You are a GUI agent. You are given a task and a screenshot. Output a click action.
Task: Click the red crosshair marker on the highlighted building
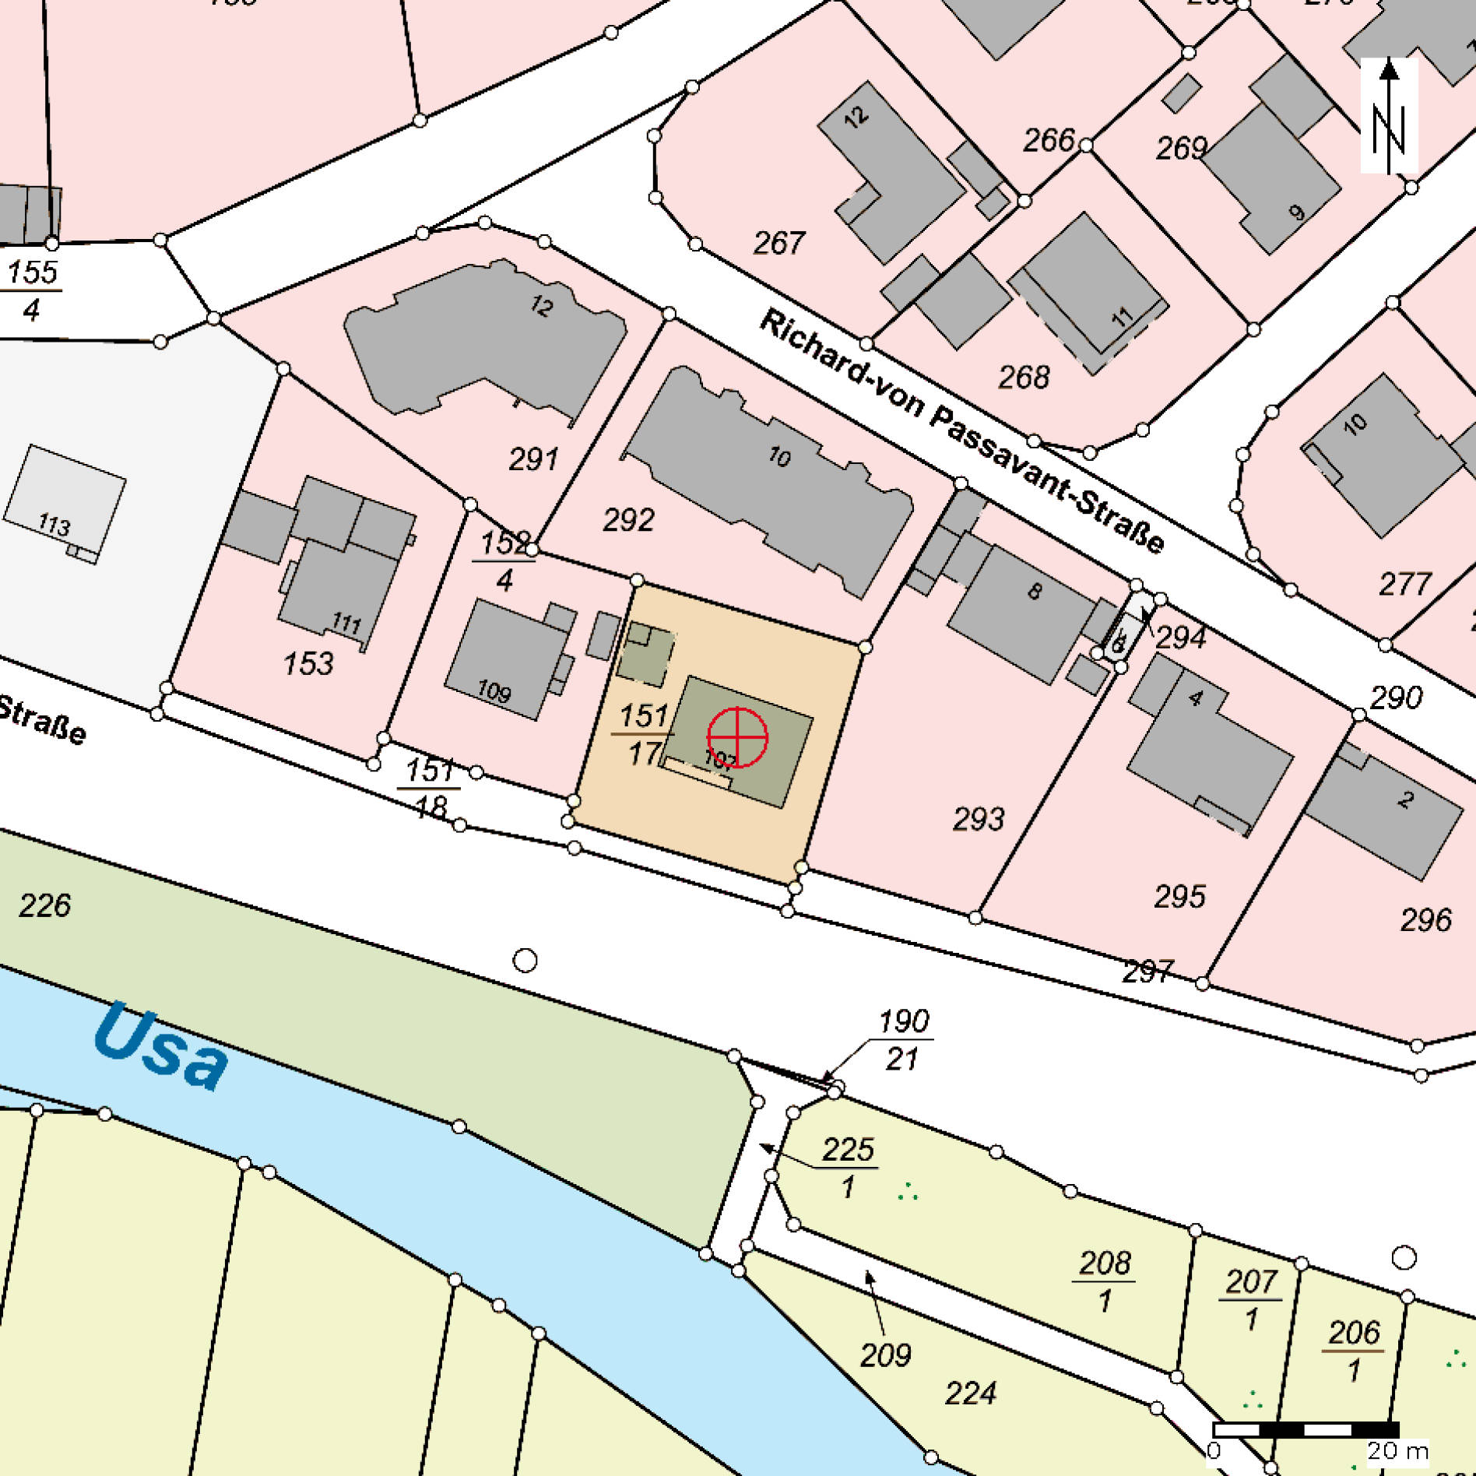tap(737, 737)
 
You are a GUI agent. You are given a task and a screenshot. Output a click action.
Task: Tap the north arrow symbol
tap(1389, 117)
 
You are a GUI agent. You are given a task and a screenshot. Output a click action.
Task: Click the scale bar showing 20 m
tap(1306, 1429)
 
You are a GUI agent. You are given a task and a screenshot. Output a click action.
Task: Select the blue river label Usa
tap(161, 1047)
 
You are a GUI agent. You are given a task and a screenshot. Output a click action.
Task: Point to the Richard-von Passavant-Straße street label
tap(962, 430)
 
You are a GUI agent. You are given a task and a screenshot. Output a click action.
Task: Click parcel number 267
tap(778, 244)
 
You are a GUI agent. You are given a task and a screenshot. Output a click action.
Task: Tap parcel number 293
tap(979, 819)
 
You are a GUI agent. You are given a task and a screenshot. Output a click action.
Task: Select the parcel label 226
tap(44, 905)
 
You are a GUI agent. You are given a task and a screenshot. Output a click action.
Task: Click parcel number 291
tap(533, 459)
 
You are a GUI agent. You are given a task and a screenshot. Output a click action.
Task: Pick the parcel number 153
tap(308, 664)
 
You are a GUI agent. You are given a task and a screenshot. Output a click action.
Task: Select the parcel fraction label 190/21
tap(903, 1039)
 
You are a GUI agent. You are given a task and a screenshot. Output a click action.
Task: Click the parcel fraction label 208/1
tap(1105, 1281)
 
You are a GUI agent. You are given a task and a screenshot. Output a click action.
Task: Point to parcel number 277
tap(1405, 584)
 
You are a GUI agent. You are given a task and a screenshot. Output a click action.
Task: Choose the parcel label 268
tap(1024, 378)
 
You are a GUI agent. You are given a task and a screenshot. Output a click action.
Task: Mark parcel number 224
tap(970, 1393)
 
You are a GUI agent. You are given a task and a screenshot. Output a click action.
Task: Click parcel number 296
tap(1425, 920)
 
